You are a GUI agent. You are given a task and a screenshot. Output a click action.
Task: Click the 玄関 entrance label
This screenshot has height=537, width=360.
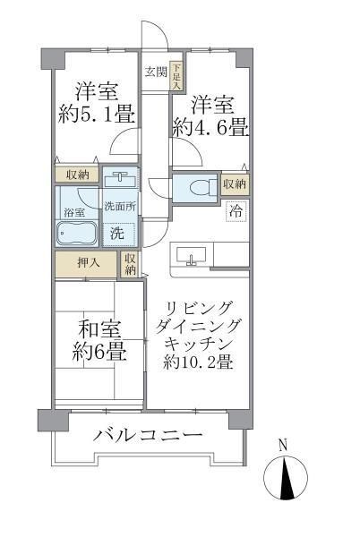[157, 72]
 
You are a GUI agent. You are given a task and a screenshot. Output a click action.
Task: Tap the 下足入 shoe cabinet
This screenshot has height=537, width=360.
[176, 74]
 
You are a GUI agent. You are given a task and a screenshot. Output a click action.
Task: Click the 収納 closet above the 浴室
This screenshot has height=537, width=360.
[76, 175]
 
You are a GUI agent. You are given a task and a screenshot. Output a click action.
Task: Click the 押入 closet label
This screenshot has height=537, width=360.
[85, 265]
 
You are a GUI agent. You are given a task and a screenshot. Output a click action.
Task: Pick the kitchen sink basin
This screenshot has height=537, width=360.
[190, 256]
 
